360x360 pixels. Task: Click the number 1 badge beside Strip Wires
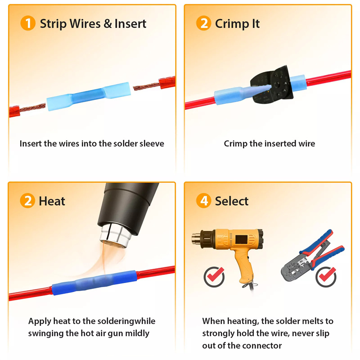(x=28, y=23)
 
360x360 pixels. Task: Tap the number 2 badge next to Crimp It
(x=204, y=23)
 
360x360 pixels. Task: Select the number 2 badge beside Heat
(x=27, y=201)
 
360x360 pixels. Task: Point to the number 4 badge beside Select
(x=204, y=201)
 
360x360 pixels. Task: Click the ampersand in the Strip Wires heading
(x=108, y=23)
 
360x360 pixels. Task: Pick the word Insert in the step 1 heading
(x=130, y=23)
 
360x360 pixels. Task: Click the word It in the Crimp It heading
(x=256, y=23)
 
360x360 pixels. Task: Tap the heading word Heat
(x=52, y=201)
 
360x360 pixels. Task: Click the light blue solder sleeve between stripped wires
(x=88, y=96)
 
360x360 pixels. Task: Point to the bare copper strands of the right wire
(x=146, y=86)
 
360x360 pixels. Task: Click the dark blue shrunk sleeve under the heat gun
(x=94, y=283)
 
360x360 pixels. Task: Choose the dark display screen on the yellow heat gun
(x=242, y=240)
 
